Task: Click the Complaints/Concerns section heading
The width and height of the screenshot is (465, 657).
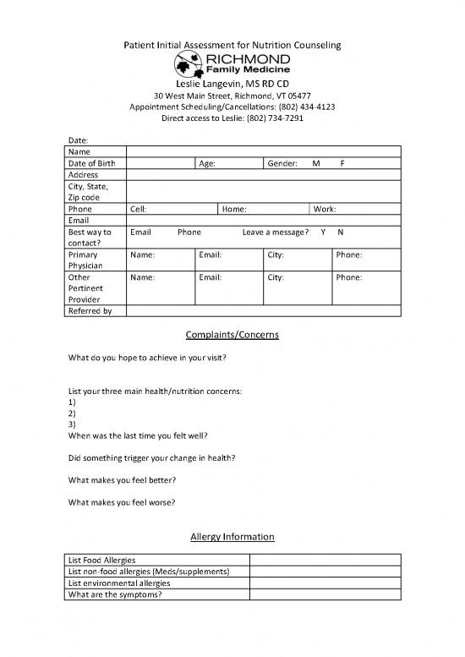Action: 232,335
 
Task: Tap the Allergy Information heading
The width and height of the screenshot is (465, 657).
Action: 232,537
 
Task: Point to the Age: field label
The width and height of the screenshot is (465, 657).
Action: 207,163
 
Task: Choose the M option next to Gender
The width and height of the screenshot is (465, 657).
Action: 315,163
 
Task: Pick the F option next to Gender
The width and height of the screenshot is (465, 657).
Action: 341,163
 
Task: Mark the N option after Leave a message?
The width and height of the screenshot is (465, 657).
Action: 340,232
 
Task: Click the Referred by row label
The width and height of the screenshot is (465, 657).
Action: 88,311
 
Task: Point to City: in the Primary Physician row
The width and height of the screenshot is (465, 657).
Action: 276,255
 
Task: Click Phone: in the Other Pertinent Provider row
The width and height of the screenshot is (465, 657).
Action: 349,277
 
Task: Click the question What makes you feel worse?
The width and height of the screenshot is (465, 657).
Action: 122,502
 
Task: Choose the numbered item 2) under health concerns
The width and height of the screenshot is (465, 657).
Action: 72,414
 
